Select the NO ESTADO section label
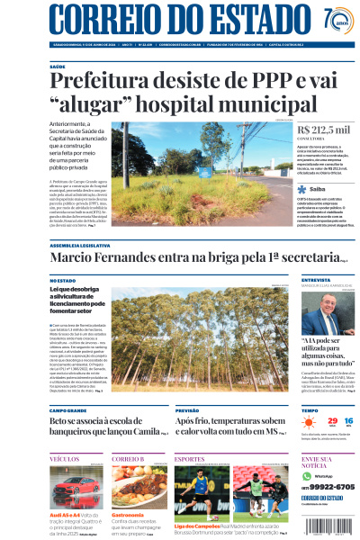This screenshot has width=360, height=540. tap(62, 281)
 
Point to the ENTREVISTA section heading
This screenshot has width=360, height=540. tap(316, 281)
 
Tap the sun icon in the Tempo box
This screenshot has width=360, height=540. tap(309, 421)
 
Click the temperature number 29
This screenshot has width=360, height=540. tap(331, 420)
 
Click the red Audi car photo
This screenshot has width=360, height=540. tap(76, 487)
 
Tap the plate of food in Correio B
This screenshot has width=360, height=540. tap(139, 486)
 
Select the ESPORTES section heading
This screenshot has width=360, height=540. tap(189, 459)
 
